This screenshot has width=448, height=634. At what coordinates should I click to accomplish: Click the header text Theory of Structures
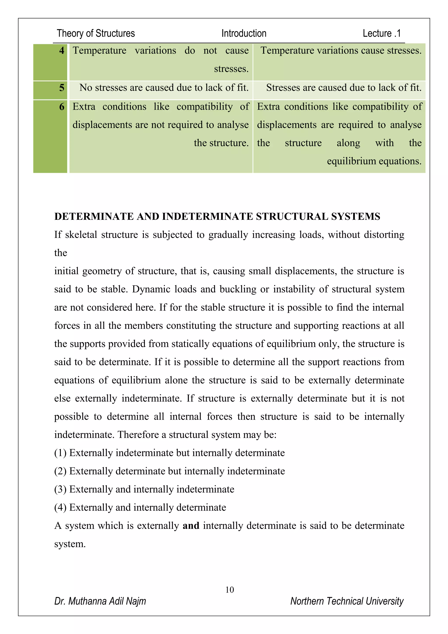96,33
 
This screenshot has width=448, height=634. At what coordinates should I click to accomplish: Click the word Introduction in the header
244,33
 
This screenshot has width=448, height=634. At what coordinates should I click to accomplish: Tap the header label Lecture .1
381,33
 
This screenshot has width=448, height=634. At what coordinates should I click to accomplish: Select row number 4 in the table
62,51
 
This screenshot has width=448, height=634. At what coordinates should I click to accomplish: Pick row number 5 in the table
62,88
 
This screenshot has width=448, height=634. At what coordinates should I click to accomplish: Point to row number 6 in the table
62,107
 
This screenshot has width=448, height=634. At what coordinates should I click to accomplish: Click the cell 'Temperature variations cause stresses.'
341,51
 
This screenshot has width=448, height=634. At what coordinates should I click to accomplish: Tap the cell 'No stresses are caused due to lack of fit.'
164,88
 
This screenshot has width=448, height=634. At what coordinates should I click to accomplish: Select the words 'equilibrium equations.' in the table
374,161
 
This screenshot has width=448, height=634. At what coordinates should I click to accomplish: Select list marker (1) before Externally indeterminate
60,453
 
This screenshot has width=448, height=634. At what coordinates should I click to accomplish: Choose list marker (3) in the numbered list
60,489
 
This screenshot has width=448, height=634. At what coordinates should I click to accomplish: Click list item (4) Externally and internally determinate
140,507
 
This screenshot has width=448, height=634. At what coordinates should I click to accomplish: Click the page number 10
229,590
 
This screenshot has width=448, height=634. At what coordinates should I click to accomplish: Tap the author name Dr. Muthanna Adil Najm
100,601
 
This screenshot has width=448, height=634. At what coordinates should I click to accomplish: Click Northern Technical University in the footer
347,601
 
